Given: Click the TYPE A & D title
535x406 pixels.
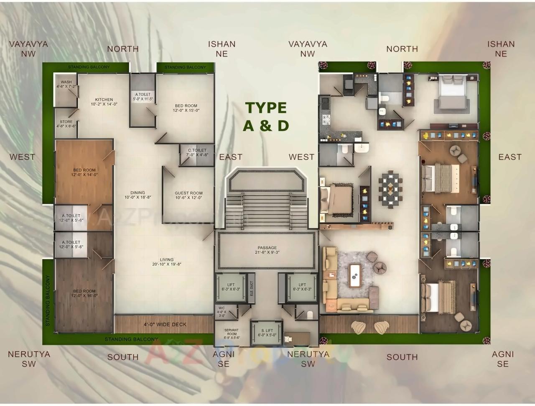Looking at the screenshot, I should [x=266, y=116].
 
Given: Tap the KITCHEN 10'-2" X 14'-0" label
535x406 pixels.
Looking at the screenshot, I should [x=104, y=102].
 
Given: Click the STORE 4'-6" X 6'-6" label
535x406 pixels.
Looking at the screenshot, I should [x=66, y=124].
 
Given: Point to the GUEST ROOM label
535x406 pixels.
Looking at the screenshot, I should [x=189, y=195].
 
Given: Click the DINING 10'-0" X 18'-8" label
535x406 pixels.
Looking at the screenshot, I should [x=138, y=195].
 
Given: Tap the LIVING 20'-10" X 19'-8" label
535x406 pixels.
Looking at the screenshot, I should [x=166, y=262].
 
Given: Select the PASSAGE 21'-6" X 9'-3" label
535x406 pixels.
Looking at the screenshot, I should [x=267, y=250].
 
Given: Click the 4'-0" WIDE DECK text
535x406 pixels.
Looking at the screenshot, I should [x=165, y=324].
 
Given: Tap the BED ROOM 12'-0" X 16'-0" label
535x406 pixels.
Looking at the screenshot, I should [x=84, y=293].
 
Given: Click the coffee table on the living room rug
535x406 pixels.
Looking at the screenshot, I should [x=355, y=275].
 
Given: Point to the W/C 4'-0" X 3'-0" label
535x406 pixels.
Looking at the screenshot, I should [x=222, y=312].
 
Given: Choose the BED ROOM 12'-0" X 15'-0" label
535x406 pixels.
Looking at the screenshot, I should [x=186, y=108].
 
